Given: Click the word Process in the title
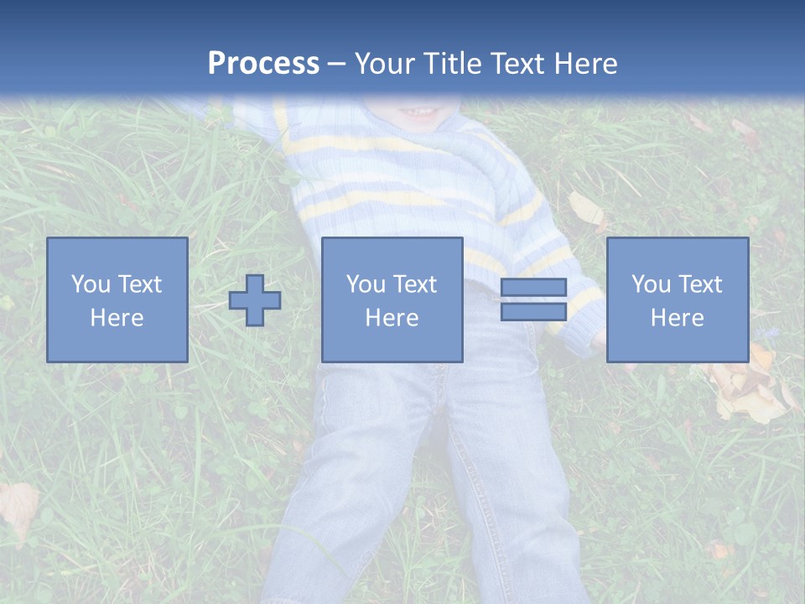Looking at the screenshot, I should pos(263,64).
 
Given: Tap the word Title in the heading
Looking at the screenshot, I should pos(450,64).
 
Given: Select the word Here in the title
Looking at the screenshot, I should pos(585,64).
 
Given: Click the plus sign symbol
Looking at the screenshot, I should pos(255,300).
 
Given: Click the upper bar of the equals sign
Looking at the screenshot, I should pos(533,288).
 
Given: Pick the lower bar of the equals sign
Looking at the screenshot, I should pos(533,311).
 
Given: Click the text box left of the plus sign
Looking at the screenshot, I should pos(117,299).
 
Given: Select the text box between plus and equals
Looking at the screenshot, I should pos(392,299).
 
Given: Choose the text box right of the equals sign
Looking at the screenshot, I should pos(677,299).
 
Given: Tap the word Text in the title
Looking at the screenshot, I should pos(517,64).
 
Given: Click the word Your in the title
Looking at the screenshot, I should pos(384,64).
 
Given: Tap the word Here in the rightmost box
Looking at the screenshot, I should pos(677,317).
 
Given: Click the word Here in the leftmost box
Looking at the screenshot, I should pos(117,317).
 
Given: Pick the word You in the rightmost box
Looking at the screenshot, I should pos(651,284).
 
